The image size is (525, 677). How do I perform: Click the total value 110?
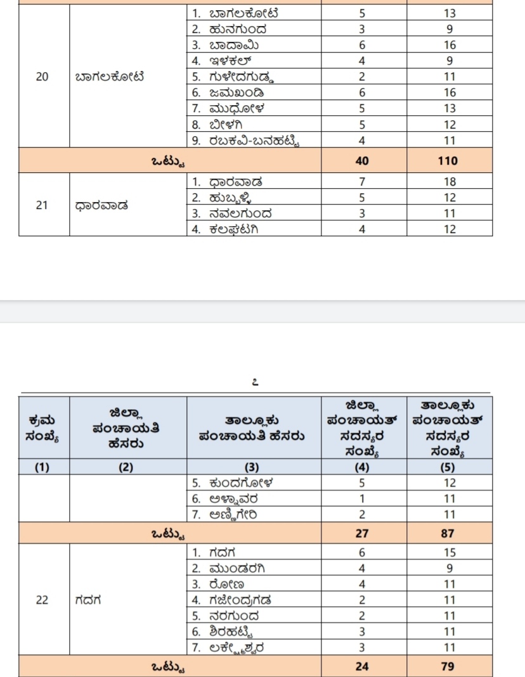(x=448, y=161)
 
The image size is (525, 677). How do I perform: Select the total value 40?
(x=362, y=161)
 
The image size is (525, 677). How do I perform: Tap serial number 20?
(x=42, y=78)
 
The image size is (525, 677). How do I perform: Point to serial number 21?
(x=42, y=205)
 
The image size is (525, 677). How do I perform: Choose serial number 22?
(x=42, y=600)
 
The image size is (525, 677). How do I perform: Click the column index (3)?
(x=252, y=467)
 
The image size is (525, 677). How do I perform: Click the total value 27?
(x=362, y=533)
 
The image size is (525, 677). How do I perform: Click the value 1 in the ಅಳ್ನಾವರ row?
(x=362, y=499)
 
